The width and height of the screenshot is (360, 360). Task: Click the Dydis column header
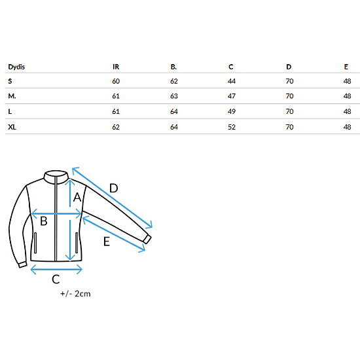[x=16, y=67]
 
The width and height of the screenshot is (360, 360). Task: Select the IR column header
[x=116, y=67]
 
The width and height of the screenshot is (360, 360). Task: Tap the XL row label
[x=12, y=127]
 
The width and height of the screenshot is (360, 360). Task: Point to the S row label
[x=10, y=81]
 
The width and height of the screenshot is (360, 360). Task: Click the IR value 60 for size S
[x=116, y=81]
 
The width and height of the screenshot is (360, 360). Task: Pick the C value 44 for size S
[x=232, y=81]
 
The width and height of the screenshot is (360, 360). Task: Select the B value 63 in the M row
[x=174, y=96]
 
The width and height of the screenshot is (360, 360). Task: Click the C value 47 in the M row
[x=232, y=96]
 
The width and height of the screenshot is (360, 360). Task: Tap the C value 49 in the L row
[x=232, y=111]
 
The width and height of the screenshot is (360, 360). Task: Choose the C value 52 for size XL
[x=232, y=127]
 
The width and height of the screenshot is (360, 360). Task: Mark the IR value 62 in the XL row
[x=116, y=127]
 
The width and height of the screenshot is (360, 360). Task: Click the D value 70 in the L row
[x=289, y=111]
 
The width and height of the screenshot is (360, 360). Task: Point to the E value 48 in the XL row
[x=347, y=127]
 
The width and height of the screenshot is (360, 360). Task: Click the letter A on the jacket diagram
[x=77, y=197]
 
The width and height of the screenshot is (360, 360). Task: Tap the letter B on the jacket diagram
[x=44, y=221]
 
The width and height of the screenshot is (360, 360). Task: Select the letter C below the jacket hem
[x=56, y=279]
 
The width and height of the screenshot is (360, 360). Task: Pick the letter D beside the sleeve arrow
[x=114, y=189]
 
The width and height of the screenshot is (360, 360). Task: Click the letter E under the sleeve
[x=107, y=242]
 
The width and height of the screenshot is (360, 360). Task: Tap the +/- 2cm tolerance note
[x=75, y=294]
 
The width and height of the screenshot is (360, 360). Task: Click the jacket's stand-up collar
[x=56, y=177]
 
